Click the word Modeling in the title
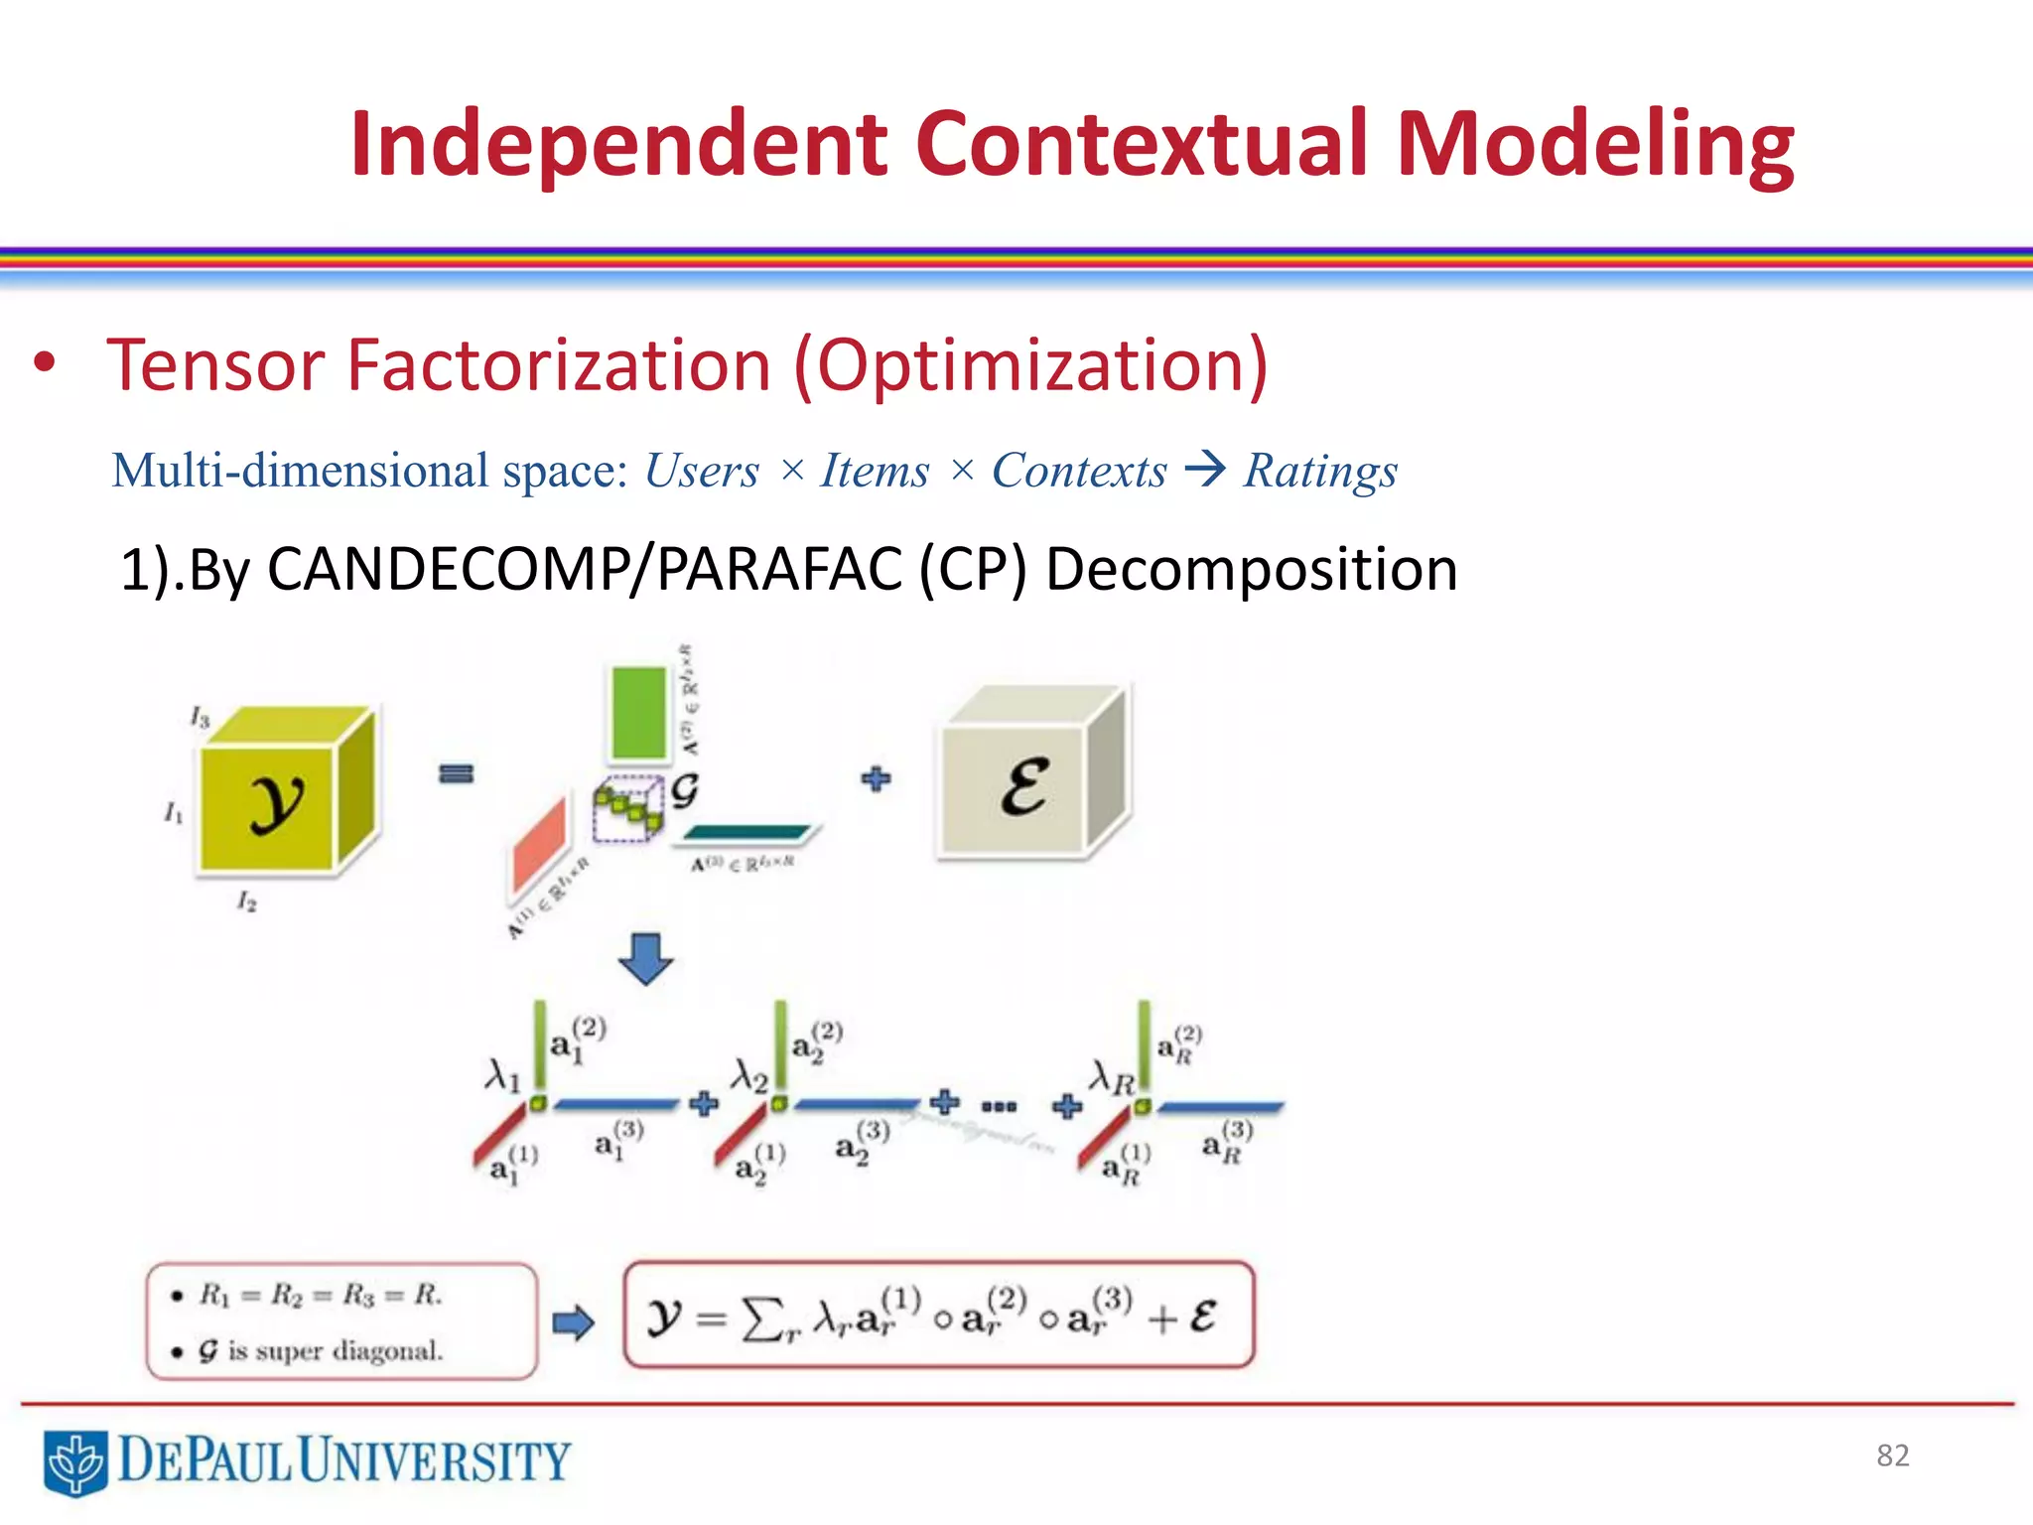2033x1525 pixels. point(1594,147)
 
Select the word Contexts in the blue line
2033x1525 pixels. point(1079,471)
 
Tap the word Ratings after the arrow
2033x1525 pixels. point(1320,471)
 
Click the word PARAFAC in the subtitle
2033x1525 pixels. point(778,570)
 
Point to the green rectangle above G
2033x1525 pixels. point(638,713)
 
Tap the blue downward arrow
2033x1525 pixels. point(645,958)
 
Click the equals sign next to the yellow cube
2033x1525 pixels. point(456,773)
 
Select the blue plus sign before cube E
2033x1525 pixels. point(876,778)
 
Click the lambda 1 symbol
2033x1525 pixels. point(502,1074)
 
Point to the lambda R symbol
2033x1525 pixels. point(1111,1077)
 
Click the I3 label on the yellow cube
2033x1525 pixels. point(200,717)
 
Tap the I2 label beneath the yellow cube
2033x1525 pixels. point(246,901)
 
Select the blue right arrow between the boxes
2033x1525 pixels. point(573,1322)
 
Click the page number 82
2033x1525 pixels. point(1892,1456)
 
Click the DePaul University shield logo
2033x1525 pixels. point(75,1462)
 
